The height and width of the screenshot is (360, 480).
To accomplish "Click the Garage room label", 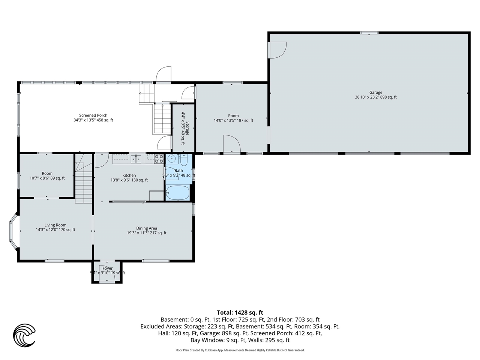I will [x=375, y=92].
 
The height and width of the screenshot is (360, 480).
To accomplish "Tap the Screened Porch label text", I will [x=93, y=115].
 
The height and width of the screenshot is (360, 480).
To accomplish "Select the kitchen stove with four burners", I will [x=159, y=159].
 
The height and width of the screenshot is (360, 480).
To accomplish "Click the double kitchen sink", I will [x=136, y=159].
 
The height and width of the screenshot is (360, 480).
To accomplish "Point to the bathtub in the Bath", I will [x=178, y=192].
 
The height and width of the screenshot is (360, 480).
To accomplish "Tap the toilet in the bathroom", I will [x=184, y=160].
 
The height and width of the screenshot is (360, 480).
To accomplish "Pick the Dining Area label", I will [x=147, y=228].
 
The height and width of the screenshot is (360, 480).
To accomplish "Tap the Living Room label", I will [x=55, y=225].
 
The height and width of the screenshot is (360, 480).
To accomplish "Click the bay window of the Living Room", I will [x=13, y=231].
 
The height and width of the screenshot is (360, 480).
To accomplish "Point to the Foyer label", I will [x=107, y=268].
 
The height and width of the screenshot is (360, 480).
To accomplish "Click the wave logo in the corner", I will [x=24, y=334].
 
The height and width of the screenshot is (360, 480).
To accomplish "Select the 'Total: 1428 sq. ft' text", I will [x=240, y=312].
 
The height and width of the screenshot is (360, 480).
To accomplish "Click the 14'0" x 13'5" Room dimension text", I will [x=233, y=120].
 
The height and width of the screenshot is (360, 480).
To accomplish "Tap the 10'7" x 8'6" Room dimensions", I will [x=47, y=178].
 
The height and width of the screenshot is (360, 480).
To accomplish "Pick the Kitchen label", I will [x=129, y=175].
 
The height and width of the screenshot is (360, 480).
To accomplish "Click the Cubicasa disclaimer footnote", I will [x=240, y=350].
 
